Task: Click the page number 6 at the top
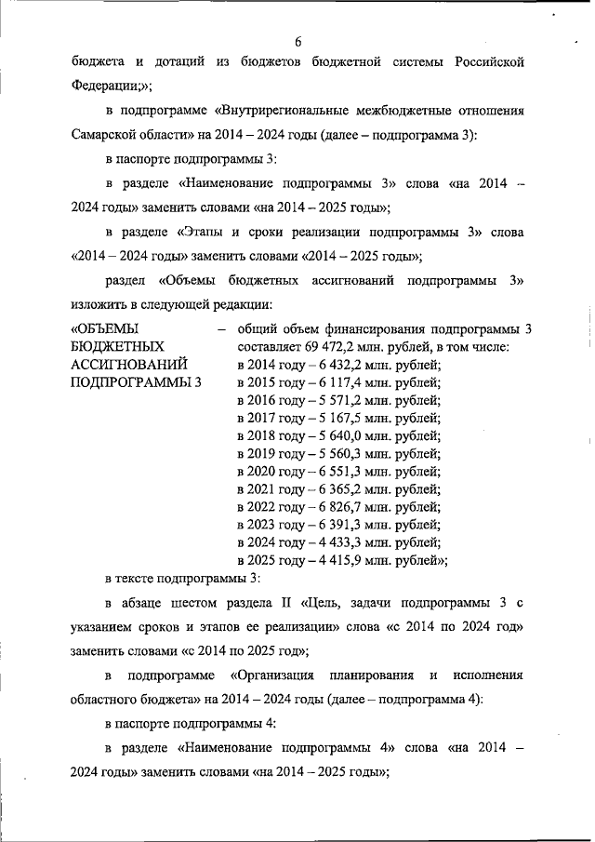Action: (298, 42)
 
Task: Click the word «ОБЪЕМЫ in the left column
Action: (105, 328)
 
